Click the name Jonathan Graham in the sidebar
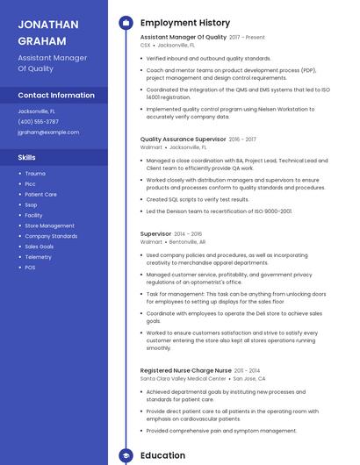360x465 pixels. click(x=45, y=32)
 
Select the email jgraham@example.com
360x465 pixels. click(x=48, y=132)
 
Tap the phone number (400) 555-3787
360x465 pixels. click(x=39, y=122)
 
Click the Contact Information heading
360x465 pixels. click(x=56, y=95)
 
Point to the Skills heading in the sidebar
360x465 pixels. click(x=27, y=157)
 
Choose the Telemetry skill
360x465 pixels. click(x=38, y=257)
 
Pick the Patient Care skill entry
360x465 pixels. click(x=40, y=194)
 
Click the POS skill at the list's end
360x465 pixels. click(x=30, y=268)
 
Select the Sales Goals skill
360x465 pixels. click(x=39, y=247)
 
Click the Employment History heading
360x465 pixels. click(x=185, y=23)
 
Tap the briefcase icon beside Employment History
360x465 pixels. click(x=126, y=23)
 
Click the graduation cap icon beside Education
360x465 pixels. click(x=126, y=455)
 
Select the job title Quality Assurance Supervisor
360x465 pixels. click(x=183, y=139)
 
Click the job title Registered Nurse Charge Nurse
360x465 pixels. click(x=186, y=371)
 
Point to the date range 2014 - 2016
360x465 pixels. click(x=186, y=234)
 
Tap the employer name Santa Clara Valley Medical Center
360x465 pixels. click(x=183, y=379)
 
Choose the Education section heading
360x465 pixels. click(x=162, y=455)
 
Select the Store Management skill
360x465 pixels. click(x=49, y=225)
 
